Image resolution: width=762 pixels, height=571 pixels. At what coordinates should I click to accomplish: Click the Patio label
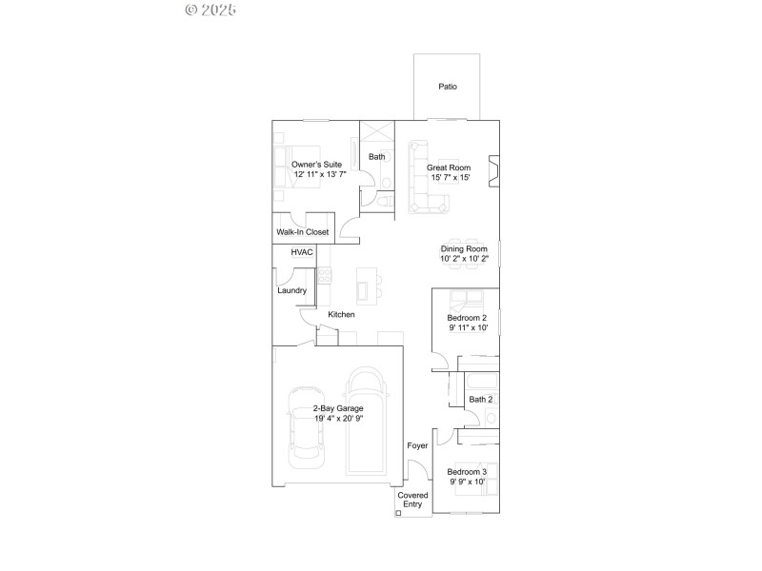click(x=447, y=87)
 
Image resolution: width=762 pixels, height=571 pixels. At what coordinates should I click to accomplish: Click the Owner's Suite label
click(x=317, y=165)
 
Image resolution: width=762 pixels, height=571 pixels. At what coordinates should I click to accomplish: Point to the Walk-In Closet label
click(x=302, y=231)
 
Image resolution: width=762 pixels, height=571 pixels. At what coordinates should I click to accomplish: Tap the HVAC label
click(x=302, y=252)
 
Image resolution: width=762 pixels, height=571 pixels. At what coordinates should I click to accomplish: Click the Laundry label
click(x=291, y=290)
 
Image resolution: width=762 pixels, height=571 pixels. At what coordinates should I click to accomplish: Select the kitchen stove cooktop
click(x=324, y=276)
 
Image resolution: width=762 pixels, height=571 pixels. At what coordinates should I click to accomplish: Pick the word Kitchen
click(x=341, y=315)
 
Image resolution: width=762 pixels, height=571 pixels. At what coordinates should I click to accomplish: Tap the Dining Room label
click(x=464, y=248)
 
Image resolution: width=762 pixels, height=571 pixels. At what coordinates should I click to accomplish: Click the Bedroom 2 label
click(x=467, y=318)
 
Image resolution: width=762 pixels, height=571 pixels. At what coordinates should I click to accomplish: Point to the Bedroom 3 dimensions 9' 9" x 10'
click(x=467, y=482)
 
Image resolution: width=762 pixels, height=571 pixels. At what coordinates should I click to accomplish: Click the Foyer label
click(x=417, y=445)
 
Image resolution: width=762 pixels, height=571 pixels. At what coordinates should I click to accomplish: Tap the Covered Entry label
click(x=411, y=500)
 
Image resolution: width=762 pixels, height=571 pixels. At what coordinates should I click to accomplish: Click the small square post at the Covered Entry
click(x=399, y=513)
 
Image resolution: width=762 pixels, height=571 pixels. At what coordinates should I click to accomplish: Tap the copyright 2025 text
click(x=211, y=10)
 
